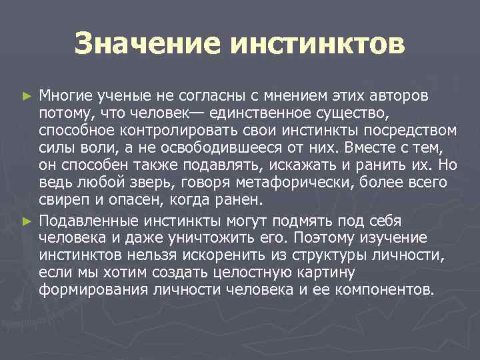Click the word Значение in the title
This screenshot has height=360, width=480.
click(x=147, y=45)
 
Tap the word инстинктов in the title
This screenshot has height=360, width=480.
click(x=317, y=45)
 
